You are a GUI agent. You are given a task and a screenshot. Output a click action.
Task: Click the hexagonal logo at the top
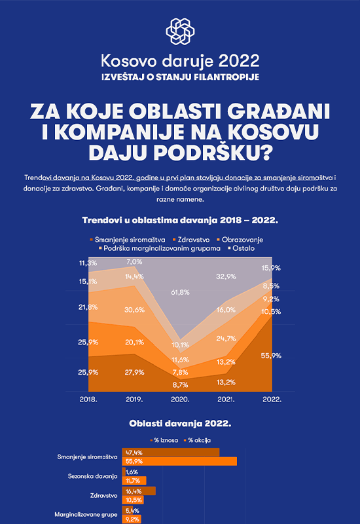pos(181,31)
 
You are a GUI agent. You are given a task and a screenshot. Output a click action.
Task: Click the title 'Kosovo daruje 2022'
pos(181,61)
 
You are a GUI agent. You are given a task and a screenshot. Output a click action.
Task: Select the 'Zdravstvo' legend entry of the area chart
pos(191,240)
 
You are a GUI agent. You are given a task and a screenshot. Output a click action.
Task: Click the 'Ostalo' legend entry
pos(241,248)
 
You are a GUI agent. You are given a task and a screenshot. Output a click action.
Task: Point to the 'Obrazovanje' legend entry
pos(240,240)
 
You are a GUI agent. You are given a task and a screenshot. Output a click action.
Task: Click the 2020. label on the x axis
pos(181,400)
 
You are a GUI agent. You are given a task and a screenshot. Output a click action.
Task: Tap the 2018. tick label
pos(88,400)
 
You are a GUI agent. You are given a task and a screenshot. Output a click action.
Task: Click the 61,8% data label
pos(181,292)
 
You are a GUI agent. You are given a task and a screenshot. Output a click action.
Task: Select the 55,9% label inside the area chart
pos(271,356)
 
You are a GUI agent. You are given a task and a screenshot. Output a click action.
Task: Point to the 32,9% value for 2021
pos(226,276)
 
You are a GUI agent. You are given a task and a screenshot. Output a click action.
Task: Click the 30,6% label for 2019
pos(135,310)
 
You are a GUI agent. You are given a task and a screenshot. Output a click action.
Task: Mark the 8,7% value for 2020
pos(181,384)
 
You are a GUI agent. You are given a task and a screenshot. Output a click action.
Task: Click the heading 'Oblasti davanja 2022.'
pos(181,423)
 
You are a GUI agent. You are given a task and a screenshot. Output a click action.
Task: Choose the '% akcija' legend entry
pos(198,440)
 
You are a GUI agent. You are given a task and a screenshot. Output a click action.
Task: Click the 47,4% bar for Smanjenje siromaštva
pos(171,453)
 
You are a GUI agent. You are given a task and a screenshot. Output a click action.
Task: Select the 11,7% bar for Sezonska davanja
pos(134,481)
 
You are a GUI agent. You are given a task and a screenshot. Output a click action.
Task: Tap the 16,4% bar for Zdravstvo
pos(139,491)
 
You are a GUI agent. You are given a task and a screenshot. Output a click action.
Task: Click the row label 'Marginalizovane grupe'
pos(86,515)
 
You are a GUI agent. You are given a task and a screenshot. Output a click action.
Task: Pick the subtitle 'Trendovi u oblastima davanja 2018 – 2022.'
pos(181,220)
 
